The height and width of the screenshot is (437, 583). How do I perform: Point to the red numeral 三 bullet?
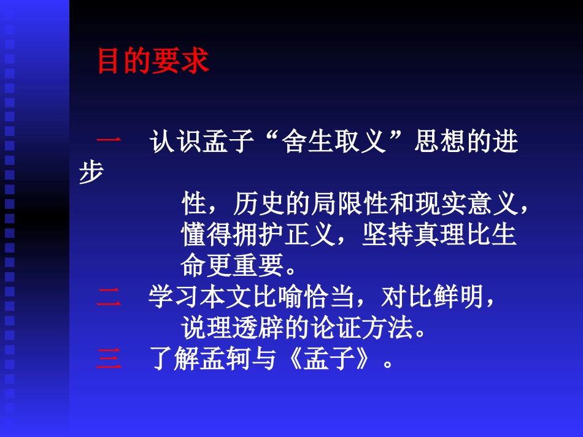109,360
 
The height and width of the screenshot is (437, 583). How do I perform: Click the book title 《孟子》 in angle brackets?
329,360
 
